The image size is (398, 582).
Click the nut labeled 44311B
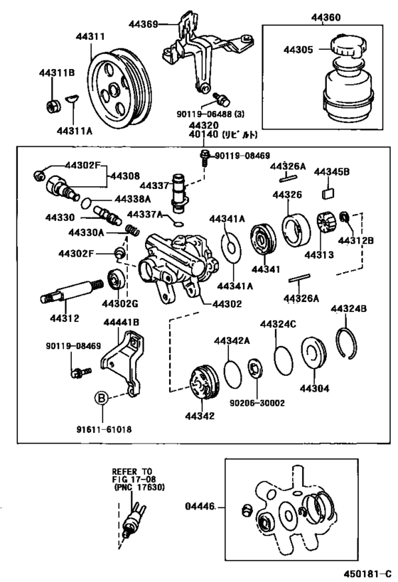point(53,107)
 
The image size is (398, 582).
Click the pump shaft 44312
point(73,291)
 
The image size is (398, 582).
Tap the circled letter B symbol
point(103,397)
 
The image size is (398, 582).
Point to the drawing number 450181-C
point(367,571)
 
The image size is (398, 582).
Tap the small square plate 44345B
point(329,192)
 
